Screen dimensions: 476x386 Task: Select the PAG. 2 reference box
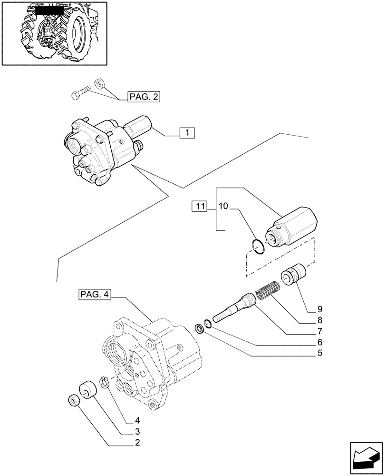click(x=144, y=98)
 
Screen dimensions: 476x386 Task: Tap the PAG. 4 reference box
click(x=92, y=296)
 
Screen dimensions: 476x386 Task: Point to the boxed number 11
click(x=199, y=206)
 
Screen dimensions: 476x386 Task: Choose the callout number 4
click(x=137, y=420)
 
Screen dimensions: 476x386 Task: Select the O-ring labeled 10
click(x=257, y=248)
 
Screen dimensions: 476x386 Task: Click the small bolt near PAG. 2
click(x=80, y=93)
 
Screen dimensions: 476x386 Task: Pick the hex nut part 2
click(x=74, y=400)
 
